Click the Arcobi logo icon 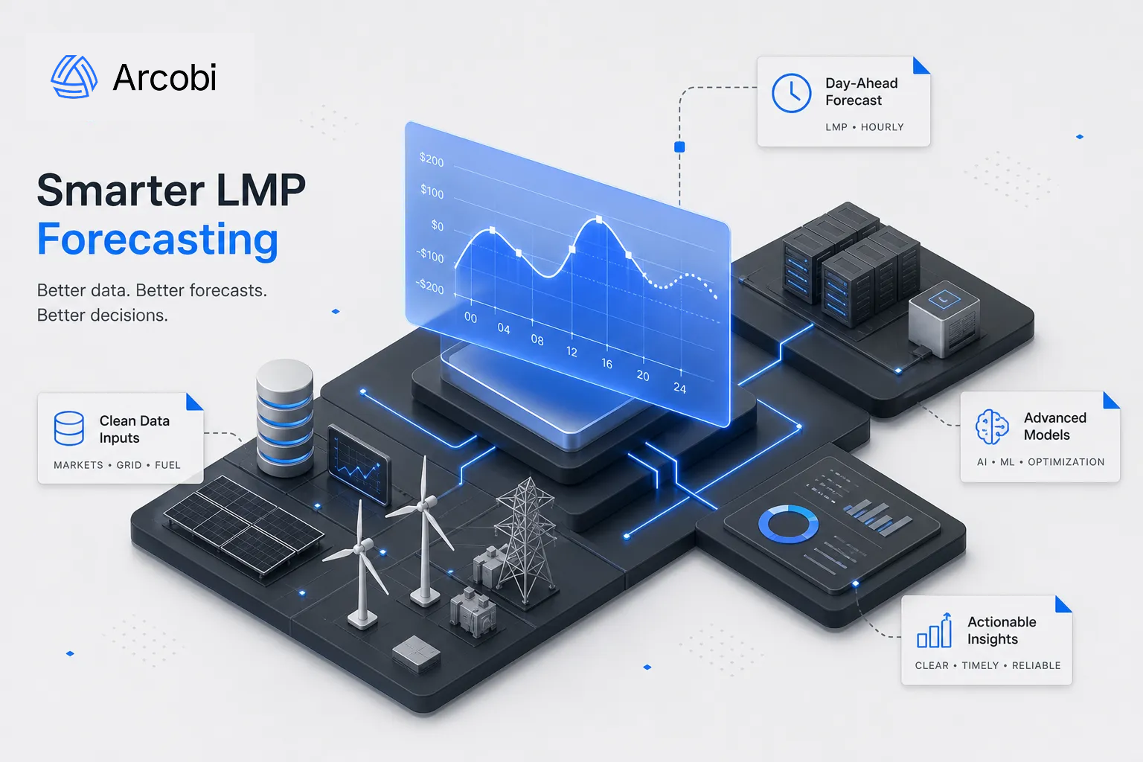(74, 77)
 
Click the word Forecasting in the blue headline (158, 240)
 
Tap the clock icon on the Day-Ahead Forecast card (791, 93)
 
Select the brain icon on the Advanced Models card (992, 426)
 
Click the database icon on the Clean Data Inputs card (69, 428)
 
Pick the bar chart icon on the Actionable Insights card (935, 630)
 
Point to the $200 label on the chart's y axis (432, 160)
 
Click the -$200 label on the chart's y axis (429, 286)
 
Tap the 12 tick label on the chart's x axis (571, 352)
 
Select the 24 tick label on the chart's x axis (679, 388)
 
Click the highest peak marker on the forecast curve (599, 220)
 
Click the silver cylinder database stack (285, 417)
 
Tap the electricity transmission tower (525, 541)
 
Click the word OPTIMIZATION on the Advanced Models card (1066, 462)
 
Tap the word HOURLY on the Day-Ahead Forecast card (883, 127)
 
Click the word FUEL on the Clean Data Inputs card (167, 465)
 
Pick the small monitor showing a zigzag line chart (359, 464)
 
